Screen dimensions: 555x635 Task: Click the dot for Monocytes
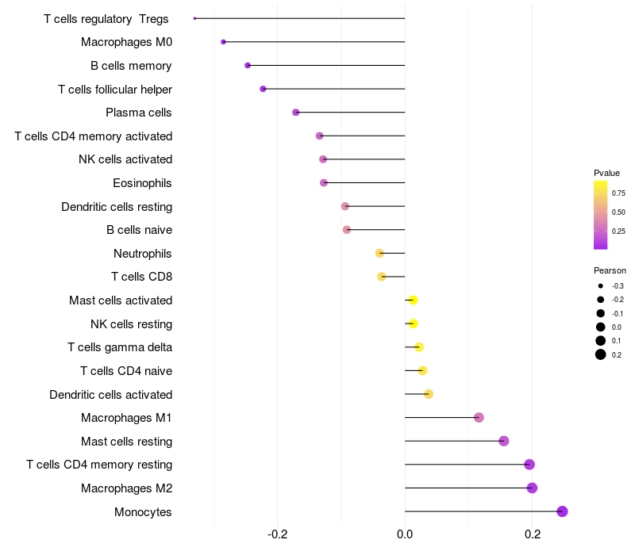[x=563, y=511]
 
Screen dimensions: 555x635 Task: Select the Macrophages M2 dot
[x=532, y=488]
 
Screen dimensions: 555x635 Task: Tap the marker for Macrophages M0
[x=224, y=42]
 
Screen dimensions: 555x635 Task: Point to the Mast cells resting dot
[x=503, y=441]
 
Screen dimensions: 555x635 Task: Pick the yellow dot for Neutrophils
[x=379, y=253]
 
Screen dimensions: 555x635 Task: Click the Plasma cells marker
[x=296, y=113]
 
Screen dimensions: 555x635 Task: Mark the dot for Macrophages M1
[x=479, y=418]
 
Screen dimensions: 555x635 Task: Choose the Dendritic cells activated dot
[x=429, y=394]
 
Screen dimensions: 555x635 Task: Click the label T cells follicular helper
[x=115, y=90]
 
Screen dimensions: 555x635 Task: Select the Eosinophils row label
[x=142, y=183]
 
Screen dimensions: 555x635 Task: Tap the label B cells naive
[x=139, y=230]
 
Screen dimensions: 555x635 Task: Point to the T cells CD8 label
[x=141, y=277]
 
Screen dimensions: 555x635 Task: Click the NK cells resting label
[x=131, y=323]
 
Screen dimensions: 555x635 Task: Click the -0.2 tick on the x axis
[x=277, y=534]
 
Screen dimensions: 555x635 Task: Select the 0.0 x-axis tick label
[x=405, y=534]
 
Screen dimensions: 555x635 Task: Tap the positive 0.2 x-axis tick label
[x=533, y=534]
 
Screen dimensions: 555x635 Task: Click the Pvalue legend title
[x=606, y=173]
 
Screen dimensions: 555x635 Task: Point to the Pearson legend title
[x=610, y=270]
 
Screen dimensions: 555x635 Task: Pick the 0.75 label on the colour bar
[x=618, y=193]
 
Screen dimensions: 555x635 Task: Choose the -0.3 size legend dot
[x=601, y=285]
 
